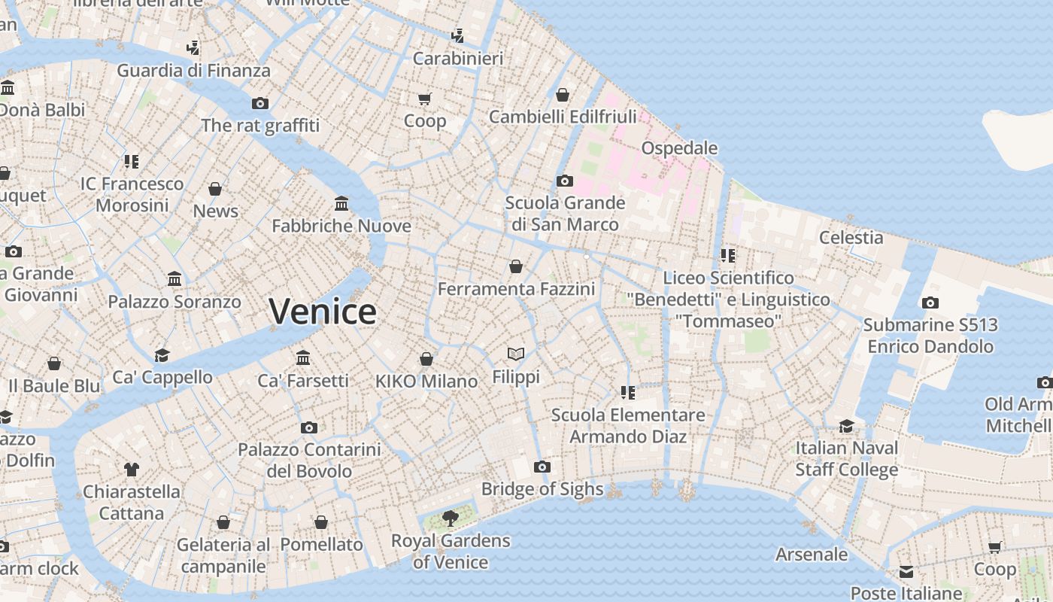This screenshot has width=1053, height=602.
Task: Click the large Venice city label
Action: point(323,311)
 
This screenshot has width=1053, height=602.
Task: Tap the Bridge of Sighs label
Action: point(542,489)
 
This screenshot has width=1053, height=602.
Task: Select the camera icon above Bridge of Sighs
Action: point(542,467)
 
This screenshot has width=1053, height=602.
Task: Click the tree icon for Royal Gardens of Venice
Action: point(451,518)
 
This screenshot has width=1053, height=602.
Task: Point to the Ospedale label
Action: point(679,147)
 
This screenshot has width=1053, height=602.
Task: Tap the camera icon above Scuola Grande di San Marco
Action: point(564,181)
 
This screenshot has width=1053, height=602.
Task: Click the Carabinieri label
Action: point(457,58)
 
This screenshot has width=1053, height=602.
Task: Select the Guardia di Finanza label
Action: point(193,71)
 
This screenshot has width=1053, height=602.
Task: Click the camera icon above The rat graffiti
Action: point(260,103)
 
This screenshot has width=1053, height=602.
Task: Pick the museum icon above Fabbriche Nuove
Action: point(341,203)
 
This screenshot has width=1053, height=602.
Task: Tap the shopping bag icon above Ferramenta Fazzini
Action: point(516,266)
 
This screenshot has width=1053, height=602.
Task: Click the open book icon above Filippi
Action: point(516,354)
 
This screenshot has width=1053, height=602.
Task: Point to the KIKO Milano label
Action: point(426,382)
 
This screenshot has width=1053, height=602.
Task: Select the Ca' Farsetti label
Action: point(303,381)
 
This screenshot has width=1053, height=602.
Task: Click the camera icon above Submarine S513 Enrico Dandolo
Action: point(930,303)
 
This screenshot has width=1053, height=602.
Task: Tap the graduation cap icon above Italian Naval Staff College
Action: point(847,426)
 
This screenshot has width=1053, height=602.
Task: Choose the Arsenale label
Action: point(812,555)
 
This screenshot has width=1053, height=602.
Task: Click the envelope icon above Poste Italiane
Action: point(906,572)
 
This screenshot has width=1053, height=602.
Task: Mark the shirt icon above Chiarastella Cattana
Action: point(132,470)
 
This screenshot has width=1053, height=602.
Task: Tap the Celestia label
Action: point(851,237)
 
